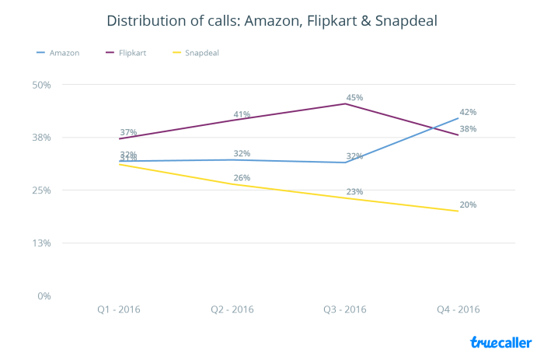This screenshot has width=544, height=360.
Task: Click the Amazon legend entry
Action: coord(58,52)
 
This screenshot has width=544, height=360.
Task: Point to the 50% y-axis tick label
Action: coord(40,85)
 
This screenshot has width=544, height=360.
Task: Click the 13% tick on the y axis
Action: coord(40,243)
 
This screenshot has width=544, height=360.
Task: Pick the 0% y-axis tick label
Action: coord(44,296)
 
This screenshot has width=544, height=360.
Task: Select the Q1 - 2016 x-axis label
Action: coord(120,309)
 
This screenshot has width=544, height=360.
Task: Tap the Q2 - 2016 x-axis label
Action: coord(232,309)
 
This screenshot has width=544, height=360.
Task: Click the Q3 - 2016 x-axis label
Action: coord(345,309)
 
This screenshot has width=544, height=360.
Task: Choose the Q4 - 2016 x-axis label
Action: coord(458,309)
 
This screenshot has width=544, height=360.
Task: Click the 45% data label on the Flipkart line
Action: coord(354,98)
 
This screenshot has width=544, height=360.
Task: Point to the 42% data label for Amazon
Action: coord(468,112)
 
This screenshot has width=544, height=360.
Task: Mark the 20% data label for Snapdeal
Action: coord(468,205)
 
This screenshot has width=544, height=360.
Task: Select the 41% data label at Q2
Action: coord(242,115)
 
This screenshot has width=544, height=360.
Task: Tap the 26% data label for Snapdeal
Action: coord(242,178)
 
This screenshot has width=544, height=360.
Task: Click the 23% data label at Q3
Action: coord(354,192)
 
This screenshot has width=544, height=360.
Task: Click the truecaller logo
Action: coord(500,342)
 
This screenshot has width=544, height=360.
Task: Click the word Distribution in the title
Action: coord(148,21)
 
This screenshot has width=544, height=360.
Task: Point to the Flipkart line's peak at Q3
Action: coord(345,103)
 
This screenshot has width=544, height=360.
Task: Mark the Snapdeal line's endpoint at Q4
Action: coord(458,211)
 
